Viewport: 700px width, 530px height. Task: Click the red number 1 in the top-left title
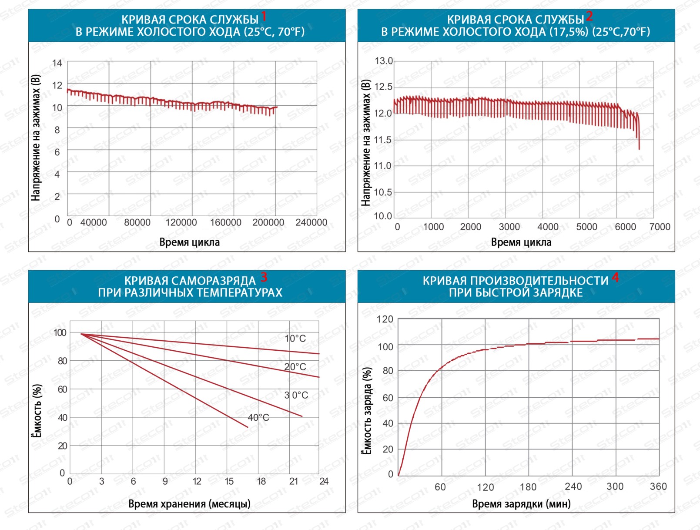tap(264, 17)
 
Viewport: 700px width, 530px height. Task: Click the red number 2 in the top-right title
tap(589, 17)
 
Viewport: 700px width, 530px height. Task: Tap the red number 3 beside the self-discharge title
tap(264, 277)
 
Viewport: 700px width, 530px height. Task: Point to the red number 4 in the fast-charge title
tap(615, 277)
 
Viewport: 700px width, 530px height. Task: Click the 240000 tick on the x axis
tap(311, 222)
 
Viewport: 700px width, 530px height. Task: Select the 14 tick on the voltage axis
tap(57, 63)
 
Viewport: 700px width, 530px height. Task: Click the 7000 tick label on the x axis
tap(660, 227)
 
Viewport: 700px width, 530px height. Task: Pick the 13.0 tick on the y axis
tap(383, 61)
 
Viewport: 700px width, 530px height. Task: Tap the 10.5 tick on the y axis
tap(383, 192)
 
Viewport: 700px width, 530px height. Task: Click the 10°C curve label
tap(295, 339)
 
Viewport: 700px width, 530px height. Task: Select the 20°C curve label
tap(295, 367)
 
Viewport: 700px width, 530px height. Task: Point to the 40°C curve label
tap(258, 418)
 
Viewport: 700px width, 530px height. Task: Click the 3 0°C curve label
tap(296, 395)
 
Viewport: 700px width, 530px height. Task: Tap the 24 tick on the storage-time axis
tap(324, 481)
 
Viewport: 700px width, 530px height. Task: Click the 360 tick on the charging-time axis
tap(658, 486)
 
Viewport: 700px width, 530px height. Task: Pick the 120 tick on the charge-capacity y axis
tap(385, 319)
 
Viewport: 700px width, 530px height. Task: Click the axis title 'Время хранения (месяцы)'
tap(189, 504)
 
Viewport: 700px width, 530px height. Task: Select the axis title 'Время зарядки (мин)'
tap(521, 504)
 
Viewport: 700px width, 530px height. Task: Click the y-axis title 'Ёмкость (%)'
tap(37, 411)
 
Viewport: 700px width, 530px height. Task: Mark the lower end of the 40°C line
tap(248, 427)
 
